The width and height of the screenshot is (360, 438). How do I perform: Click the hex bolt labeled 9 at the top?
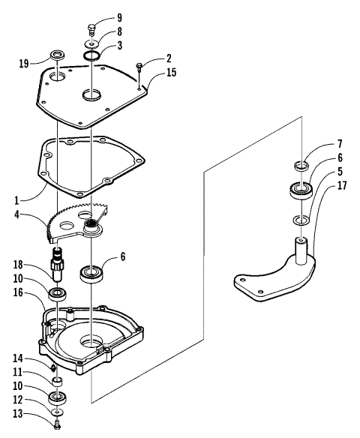91,29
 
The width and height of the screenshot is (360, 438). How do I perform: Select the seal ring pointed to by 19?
58,56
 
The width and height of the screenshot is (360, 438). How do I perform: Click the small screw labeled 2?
139,69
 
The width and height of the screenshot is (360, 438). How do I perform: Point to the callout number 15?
171,73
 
